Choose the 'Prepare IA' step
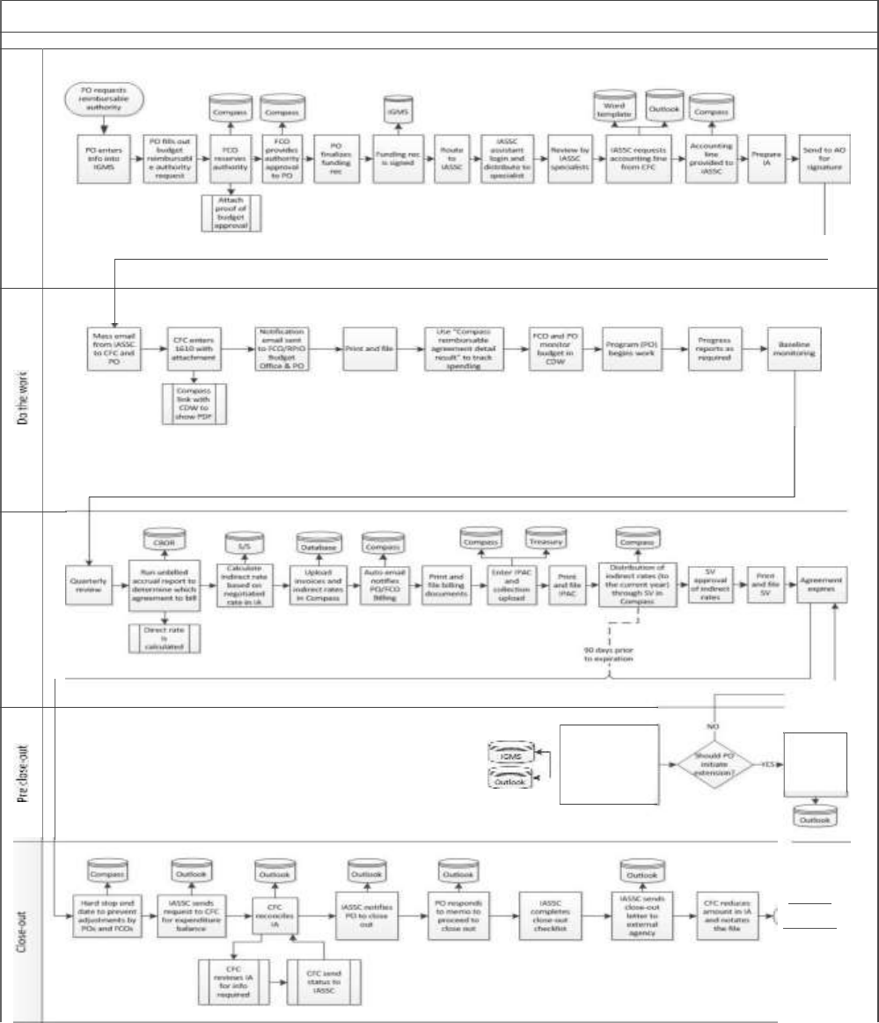pos(761,157)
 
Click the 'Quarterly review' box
pos(93,584)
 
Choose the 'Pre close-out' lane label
pos(21,772)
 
